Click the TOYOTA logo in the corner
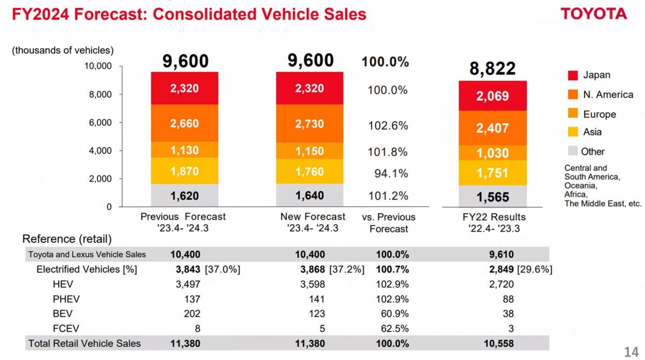[594, 14]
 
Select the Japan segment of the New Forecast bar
[310, 89]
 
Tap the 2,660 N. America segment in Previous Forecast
[184, 124]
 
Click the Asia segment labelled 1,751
[492, 173]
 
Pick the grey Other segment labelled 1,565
[492, 197]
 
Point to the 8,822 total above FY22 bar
[492, 68]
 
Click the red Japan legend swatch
[572, 75]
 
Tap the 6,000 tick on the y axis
[101, 123]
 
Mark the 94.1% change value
[391, 174]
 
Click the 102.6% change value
[388, 126]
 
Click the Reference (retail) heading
[67, 239]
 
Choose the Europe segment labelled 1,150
[310, 152]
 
